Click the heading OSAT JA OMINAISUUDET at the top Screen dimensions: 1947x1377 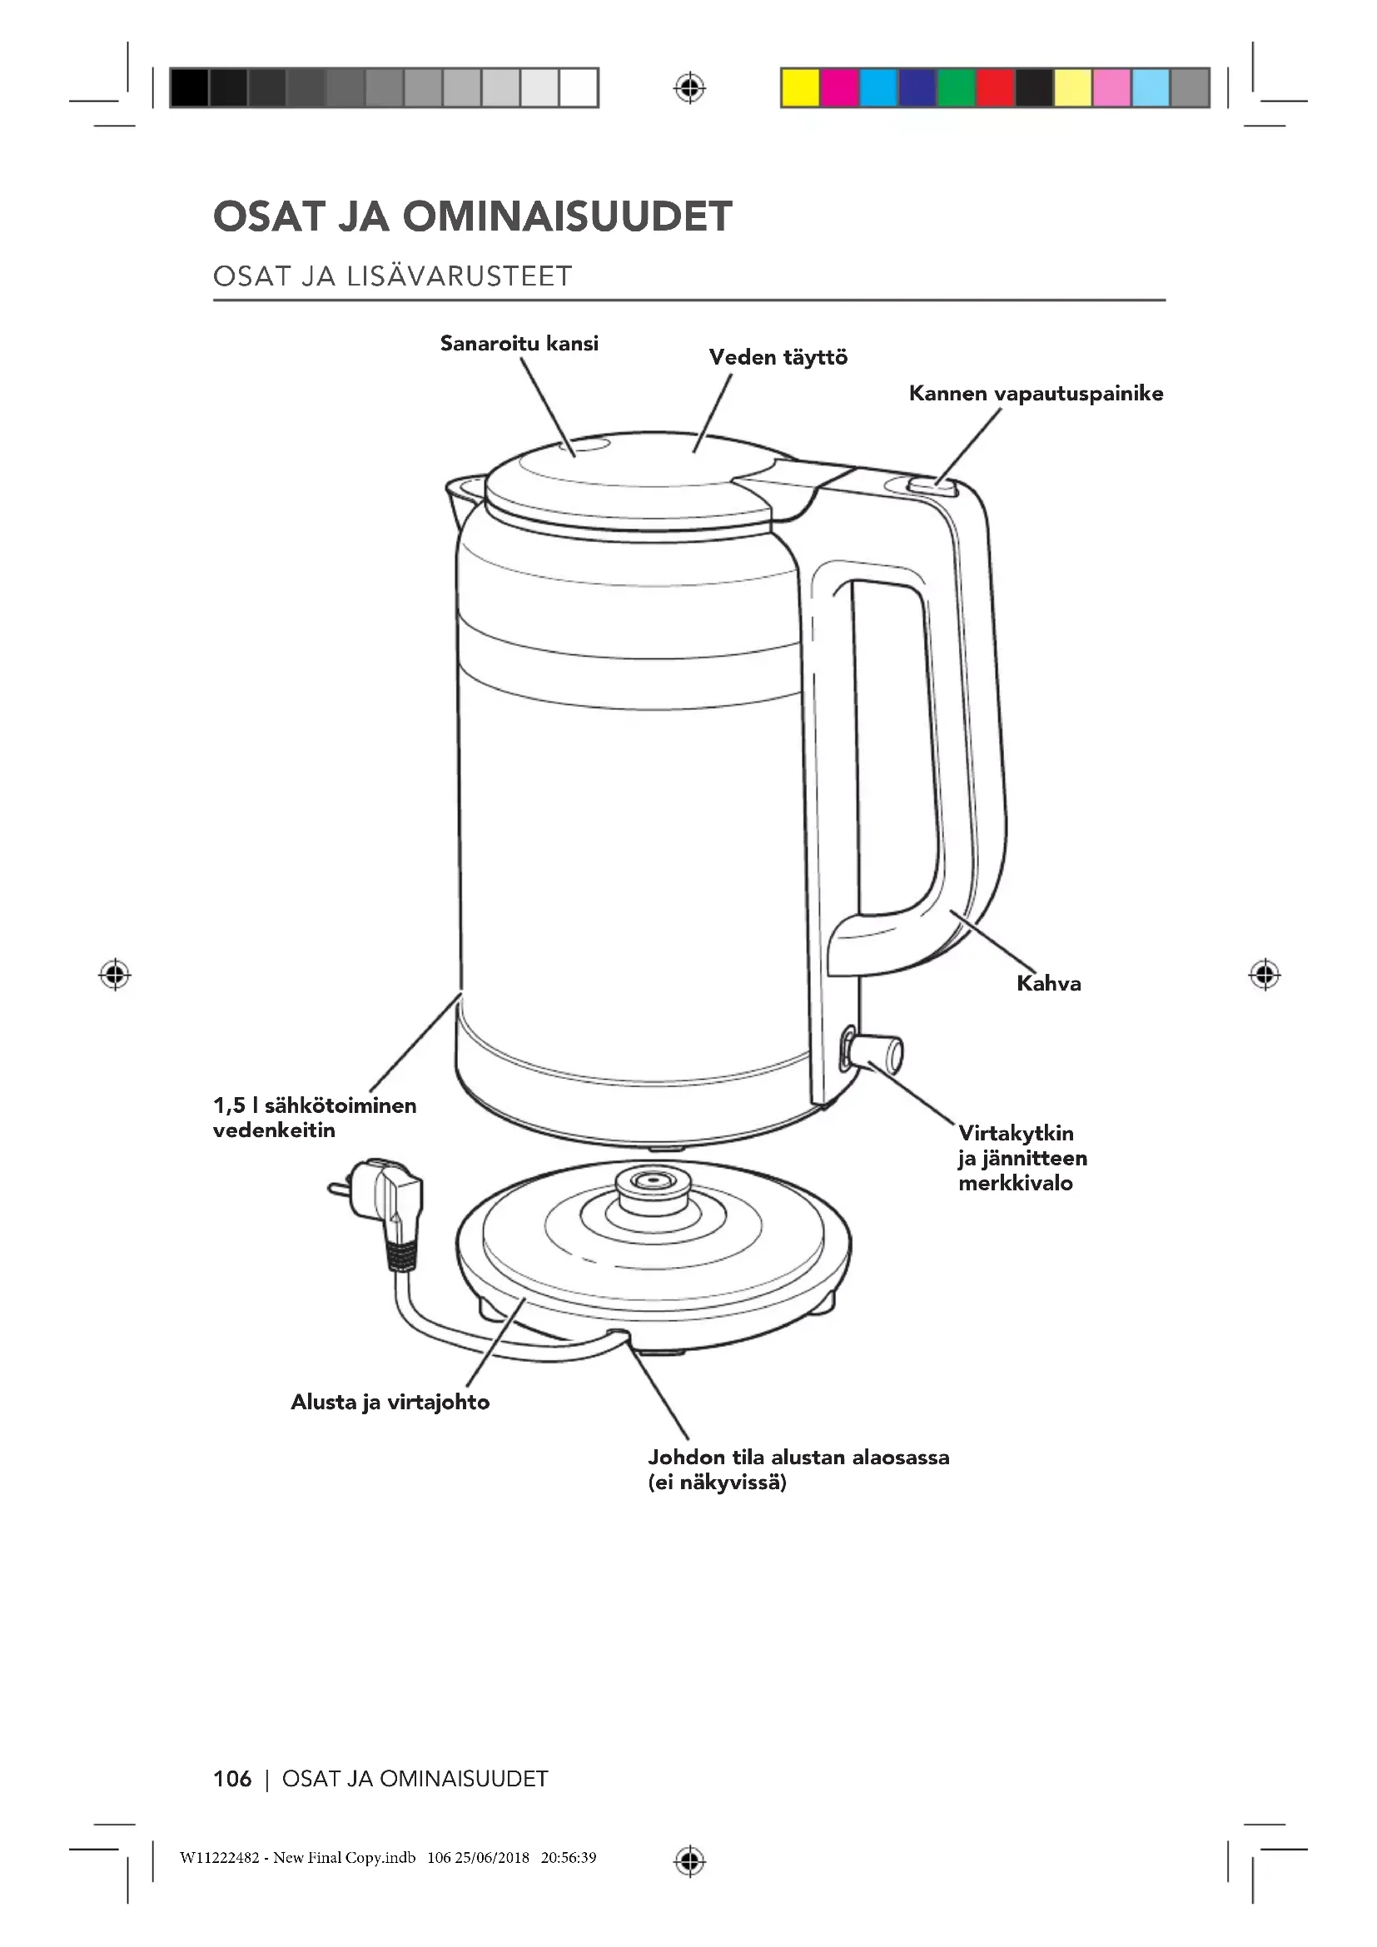pos(472,216)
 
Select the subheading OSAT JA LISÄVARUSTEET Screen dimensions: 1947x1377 pos(393,276)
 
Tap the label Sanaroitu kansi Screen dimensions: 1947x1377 pos(519,344)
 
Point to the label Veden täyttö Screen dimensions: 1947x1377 pos(778,357)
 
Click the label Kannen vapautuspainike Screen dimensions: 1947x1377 pos(1036,394)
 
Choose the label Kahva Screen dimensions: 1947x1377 pos(1048,984)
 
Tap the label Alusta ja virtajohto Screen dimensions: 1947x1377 pos(390,1402)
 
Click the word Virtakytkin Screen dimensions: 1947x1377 pos(1016,1133)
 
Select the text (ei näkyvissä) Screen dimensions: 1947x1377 pos(718,1483)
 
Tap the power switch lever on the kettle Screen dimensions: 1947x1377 pos(878,1053)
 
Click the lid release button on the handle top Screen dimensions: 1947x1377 pos(930,487)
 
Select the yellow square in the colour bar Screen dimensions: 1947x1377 pos(799,88)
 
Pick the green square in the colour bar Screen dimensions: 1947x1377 pos(956,88)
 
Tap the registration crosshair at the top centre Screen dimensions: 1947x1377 pos(689,88)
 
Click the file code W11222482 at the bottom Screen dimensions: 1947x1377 pos(220,1858)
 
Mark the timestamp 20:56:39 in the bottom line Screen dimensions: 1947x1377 pos(568,1858)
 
